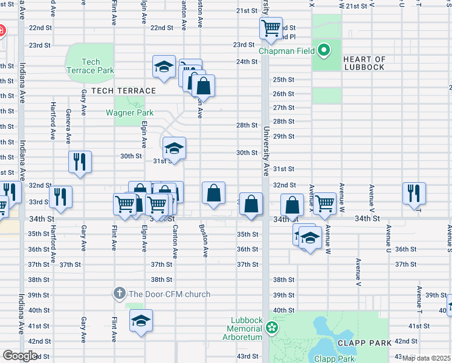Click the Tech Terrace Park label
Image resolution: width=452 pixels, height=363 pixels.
coord(90,66)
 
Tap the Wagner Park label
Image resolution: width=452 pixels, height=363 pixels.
coord(129,113)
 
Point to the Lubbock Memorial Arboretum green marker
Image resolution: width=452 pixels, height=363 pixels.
coord(272,328)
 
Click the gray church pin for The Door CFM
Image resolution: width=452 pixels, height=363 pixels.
coord(119,294)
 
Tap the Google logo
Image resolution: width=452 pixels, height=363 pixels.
coord(20,356)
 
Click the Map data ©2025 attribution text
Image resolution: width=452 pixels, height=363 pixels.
coord(426,358)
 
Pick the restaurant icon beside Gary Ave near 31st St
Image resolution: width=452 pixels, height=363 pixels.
coord(80,162)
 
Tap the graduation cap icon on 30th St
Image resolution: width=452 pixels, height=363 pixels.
coord(173,148)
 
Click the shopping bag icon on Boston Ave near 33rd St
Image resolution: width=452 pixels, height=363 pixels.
coord(213,194)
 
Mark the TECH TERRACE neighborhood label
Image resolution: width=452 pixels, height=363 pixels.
coord(123,91)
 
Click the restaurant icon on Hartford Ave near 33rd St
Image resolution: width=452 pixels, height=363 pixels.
coord(60,197)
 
